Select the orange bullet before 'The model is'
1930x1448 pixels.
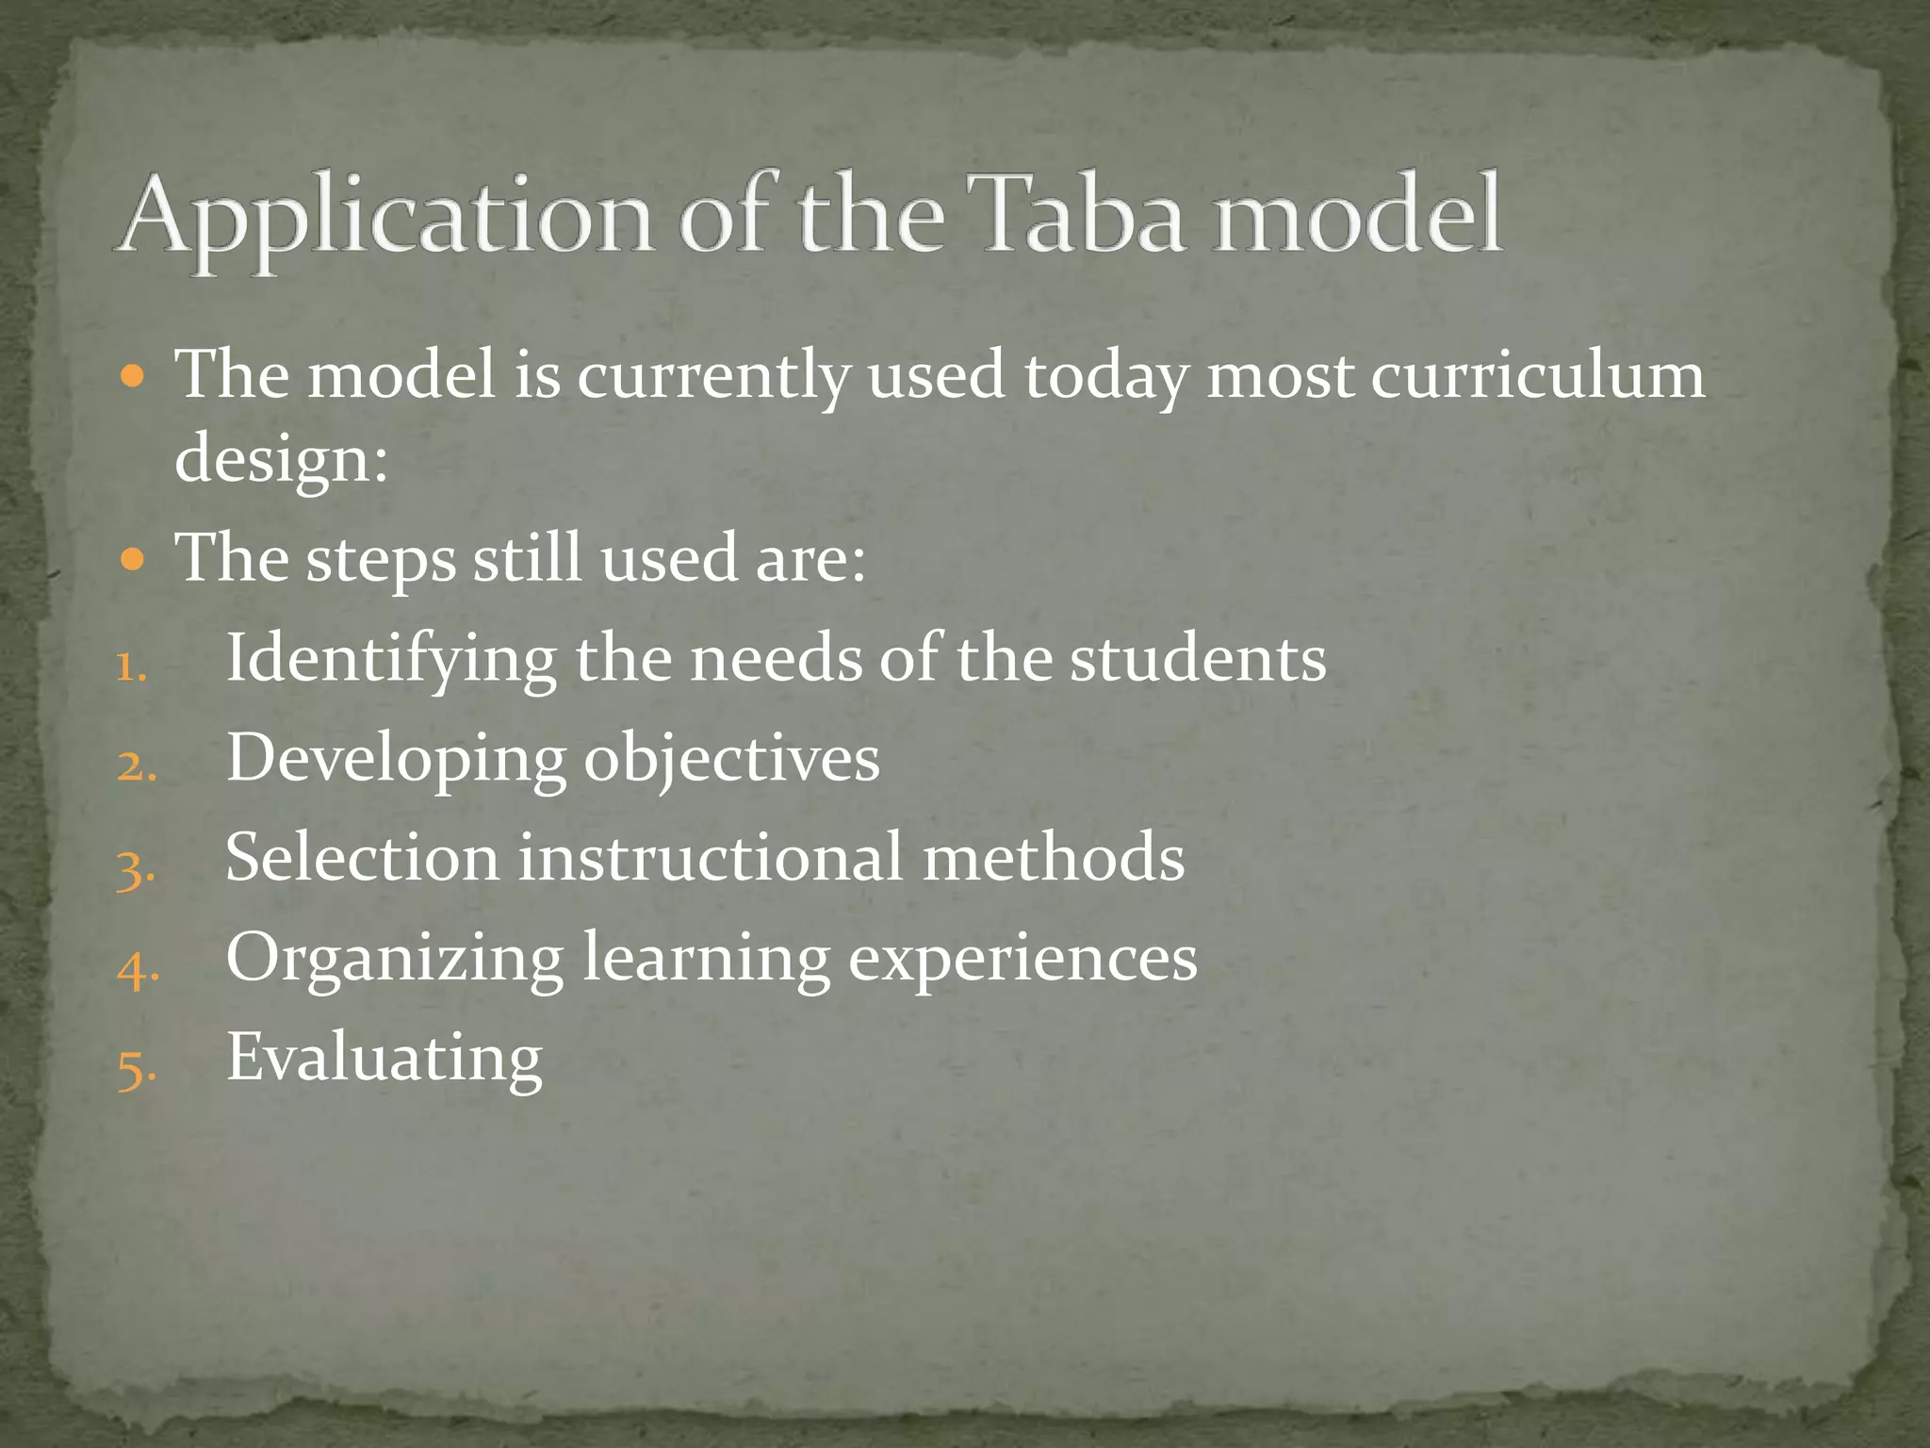pyautogui.click(x=134, y=378)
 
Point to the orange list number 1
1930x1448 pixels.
pyautogui.click(x=130, y=667)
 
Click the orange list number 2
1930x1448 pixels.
pyautogui.click(x=135, y=767)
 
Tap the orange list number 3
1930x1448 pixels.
pyautogui.click(x=135, y=868)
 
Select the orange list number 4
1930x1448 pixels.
pyautogui.click(x=137, y=969)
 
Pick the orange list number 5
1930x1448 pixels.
pyautogui.click(x=135, y=1069)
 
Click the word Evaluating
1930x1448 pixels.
pyautogui.click(x=384, y=1058)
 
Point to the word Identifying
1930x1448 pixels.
pyautogui.click(x=390, y=659)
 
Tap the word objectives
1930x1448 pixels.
pyautogui.click(x=731, y=760)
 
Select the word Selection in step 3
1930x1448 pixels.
pyautogui.click(x=362, y=858)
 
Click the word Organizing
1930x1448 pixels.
pyautogui.click(x=394, y=960)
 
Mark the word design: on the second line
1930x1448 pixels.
pyautogui.click(x=281, y=460)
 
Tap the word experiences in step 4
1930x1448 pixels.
pyautogui.click(x=1022, y=960)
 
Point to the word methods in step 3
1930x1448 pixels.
pyautogui.click(x=1053, y=858)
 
